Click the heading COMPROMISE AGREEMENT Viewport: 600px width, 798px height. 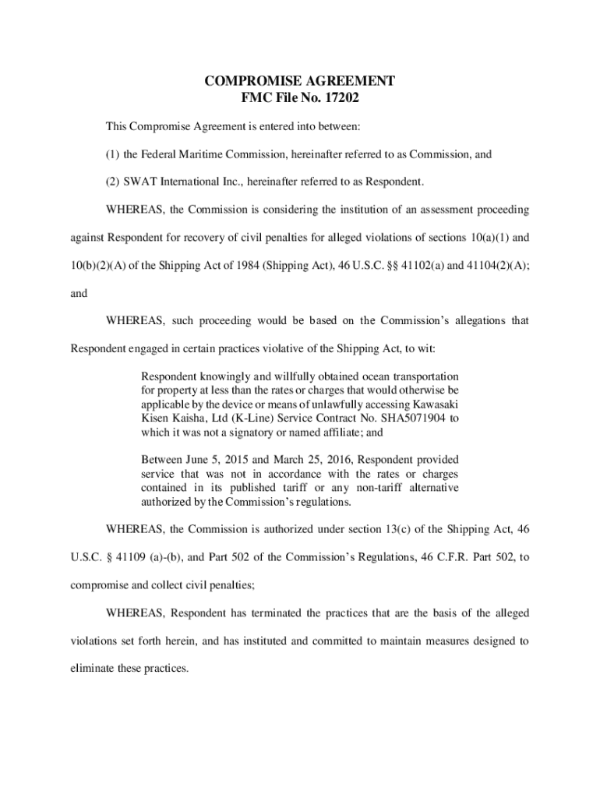click(299, 81)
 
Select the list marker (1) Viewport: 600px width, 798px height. click(113, 154)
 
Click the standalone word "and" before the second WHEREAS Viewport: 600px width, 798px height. click(78, 295)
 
